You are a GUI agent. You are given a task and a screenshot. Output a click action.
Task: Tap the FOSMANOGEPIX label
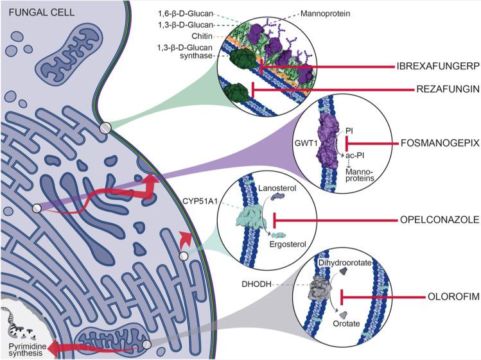click(440, 144)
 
